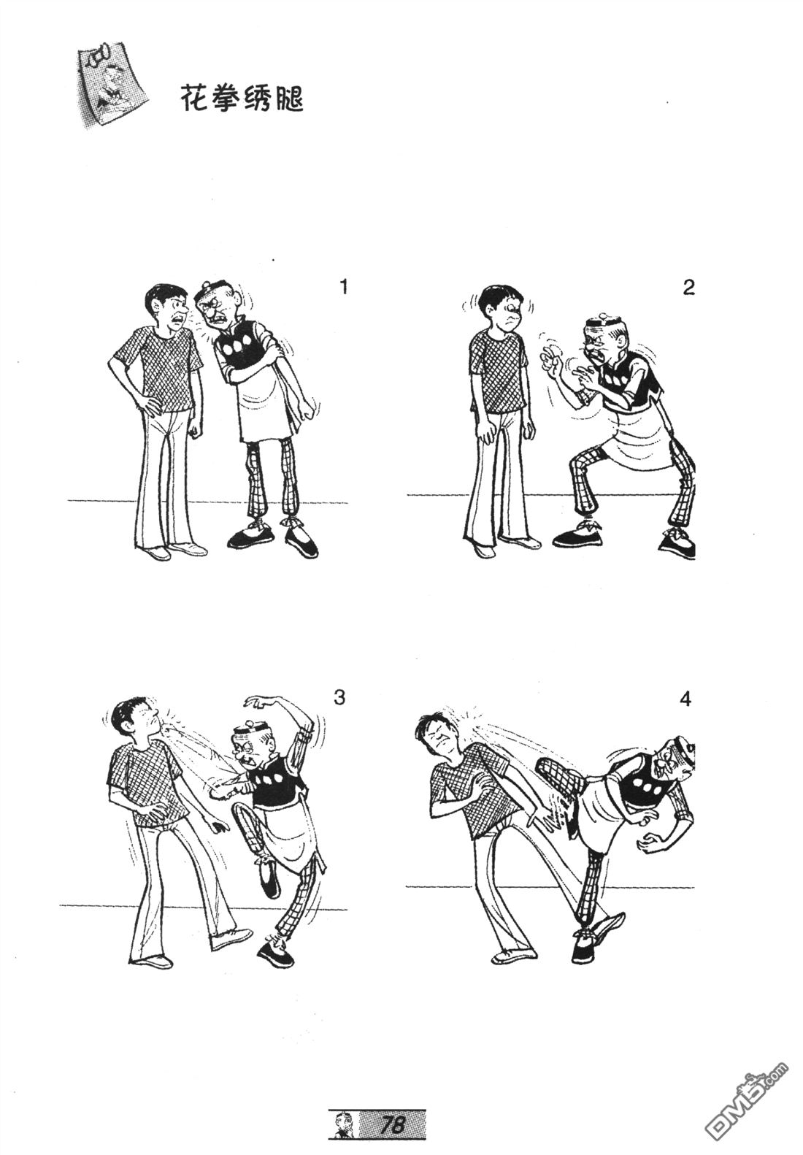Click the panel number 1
344,287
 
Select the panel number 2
688,288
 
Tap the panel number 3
339,699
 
